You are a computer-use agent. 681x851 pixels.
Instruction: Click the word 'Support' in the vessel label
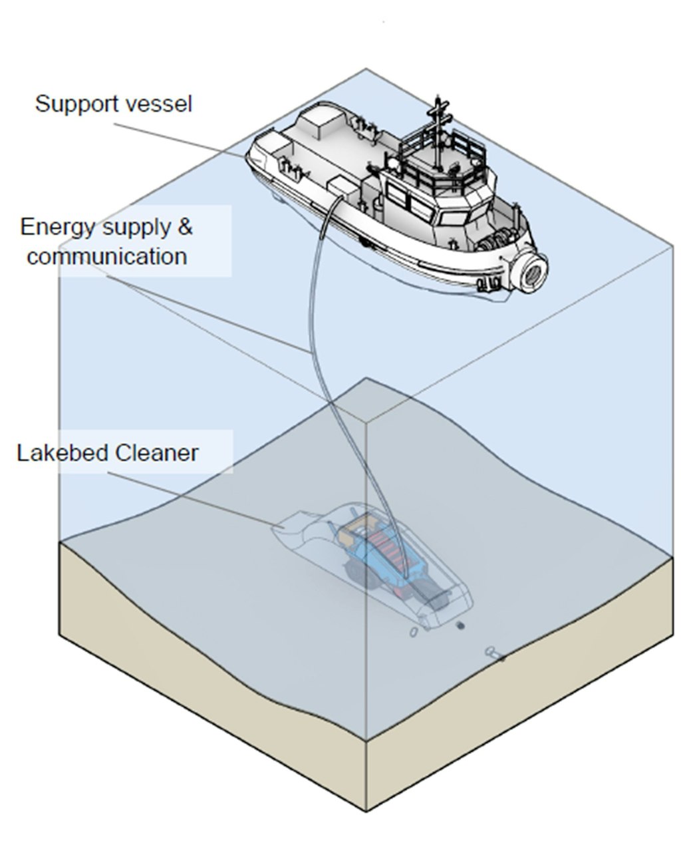[70, 104]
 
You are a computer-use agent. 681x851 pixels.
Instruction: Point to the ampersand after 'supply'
[184, 227]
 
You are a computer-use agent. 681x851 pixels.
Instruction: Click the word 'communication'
[106, 256]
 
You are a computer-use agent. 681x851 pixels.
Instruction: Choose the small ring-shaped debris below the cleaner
[414, 631]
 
